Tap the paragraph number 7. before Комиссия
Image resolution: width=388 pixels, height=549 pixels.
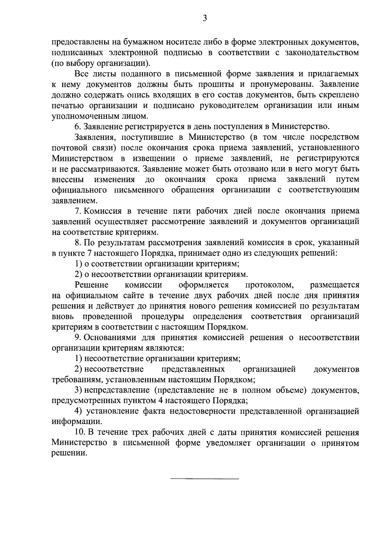coord(77,211)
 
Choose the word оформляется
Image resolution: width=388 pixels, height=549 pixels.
coord(204,285)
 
